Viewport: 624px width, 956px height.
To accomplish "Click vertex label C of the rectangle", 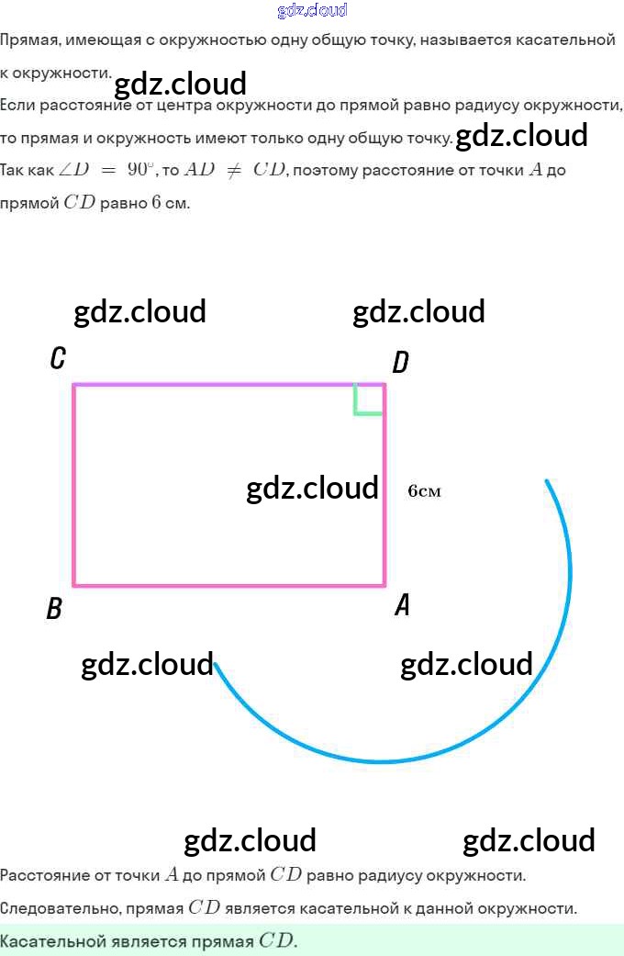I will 58,357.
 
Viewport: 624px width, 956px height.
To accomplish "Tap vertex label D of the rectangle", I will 400,363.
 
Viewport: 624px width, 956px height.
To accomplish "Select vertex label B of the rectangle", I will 54,609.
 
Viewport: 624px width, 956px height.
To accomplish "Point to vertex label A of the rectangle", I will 401,605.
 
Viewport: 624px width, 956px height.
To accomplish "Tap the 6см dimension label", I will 424,491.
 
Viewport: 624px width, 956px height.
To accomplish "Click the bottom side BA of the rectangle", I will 229,584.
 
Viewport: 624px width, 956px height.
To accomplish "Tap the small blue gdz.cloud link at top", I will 312,11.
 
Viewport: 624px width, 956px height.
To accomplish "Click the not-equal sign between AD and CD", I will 234,170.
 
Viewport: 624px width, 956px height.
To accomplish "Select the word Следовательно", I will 49,908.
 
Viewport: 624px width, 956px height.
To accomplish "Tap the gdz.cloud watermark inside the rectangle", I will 312,488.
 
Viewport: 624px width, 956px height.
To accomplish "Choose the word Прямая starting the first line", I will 26,39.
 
